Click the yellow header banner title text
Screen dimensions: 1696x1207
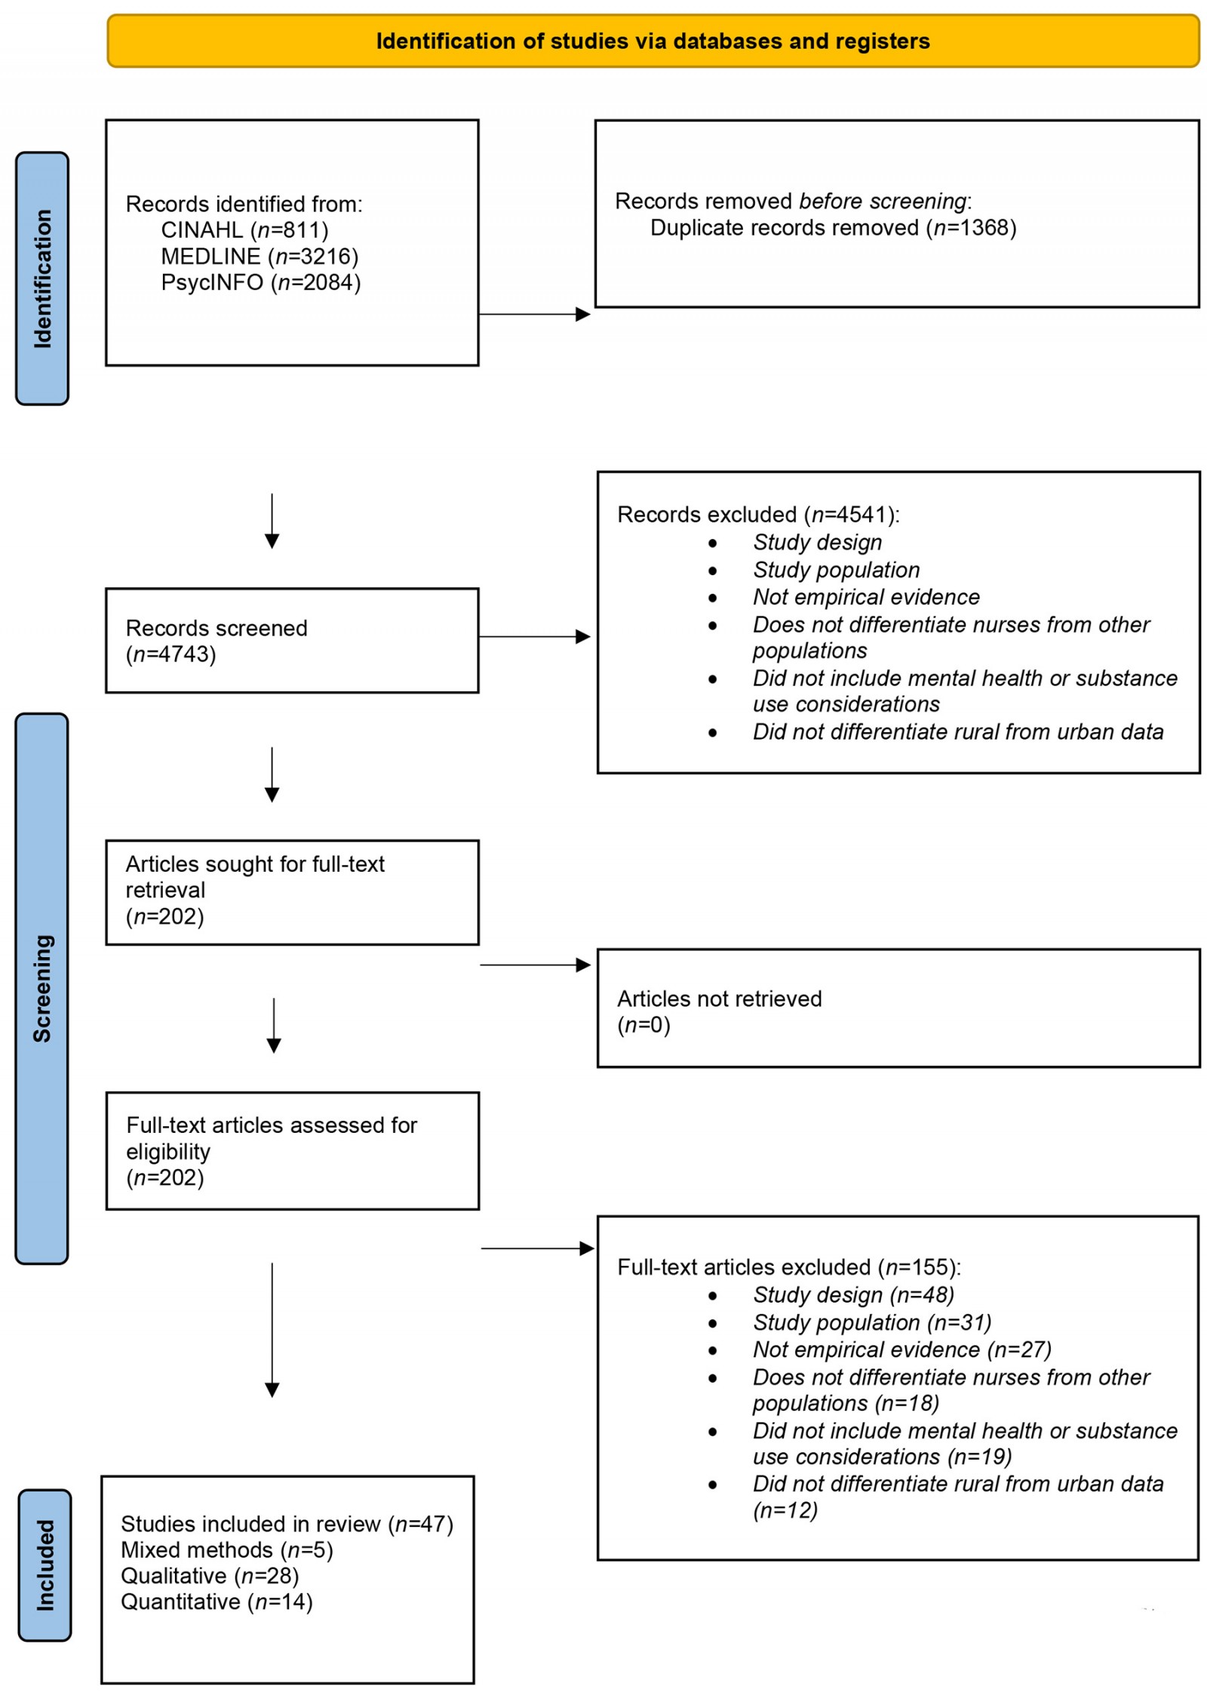tap(652, 41)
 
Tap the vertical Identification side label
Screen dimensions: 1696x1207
tap(42, 278)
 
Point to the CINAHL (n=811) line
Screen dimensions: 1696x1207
tap(244, 229)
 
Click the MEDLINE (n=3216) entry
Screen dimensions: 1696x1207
tap(259, 256)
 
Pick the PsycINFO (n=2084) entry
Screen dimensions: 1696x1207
tap(260, 282)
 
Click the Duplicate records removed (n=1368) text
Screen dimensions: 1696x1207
tap(832, 227)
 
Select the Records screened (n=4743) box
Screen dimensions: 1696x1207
tap(291, 639)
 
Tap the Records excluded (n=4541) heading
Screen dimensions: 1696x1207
tap(757, 514)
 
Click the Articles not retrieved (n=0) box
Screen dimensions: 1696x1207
tap(897, 1008)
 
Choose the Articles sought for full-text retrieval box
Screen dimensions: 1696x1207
tap(291, 891)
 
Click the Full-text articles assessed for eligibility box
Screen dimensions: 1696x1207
tap(291, 1150)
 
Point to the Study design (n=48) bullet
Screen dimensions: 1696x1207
tap(852, 1294)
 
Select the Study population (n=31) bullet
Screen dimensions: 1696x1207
tap(871, 1322)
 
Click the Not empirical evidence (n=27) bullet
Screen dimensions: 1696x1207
tap(901, 1349)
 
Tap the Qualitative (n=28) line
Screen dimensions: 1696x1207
tap(210, 1575)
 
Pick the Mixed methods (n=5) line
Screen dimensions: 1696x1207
tap(226, 1550)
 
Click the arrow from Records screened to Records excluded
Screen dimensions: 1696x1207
tap(533, 636)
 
